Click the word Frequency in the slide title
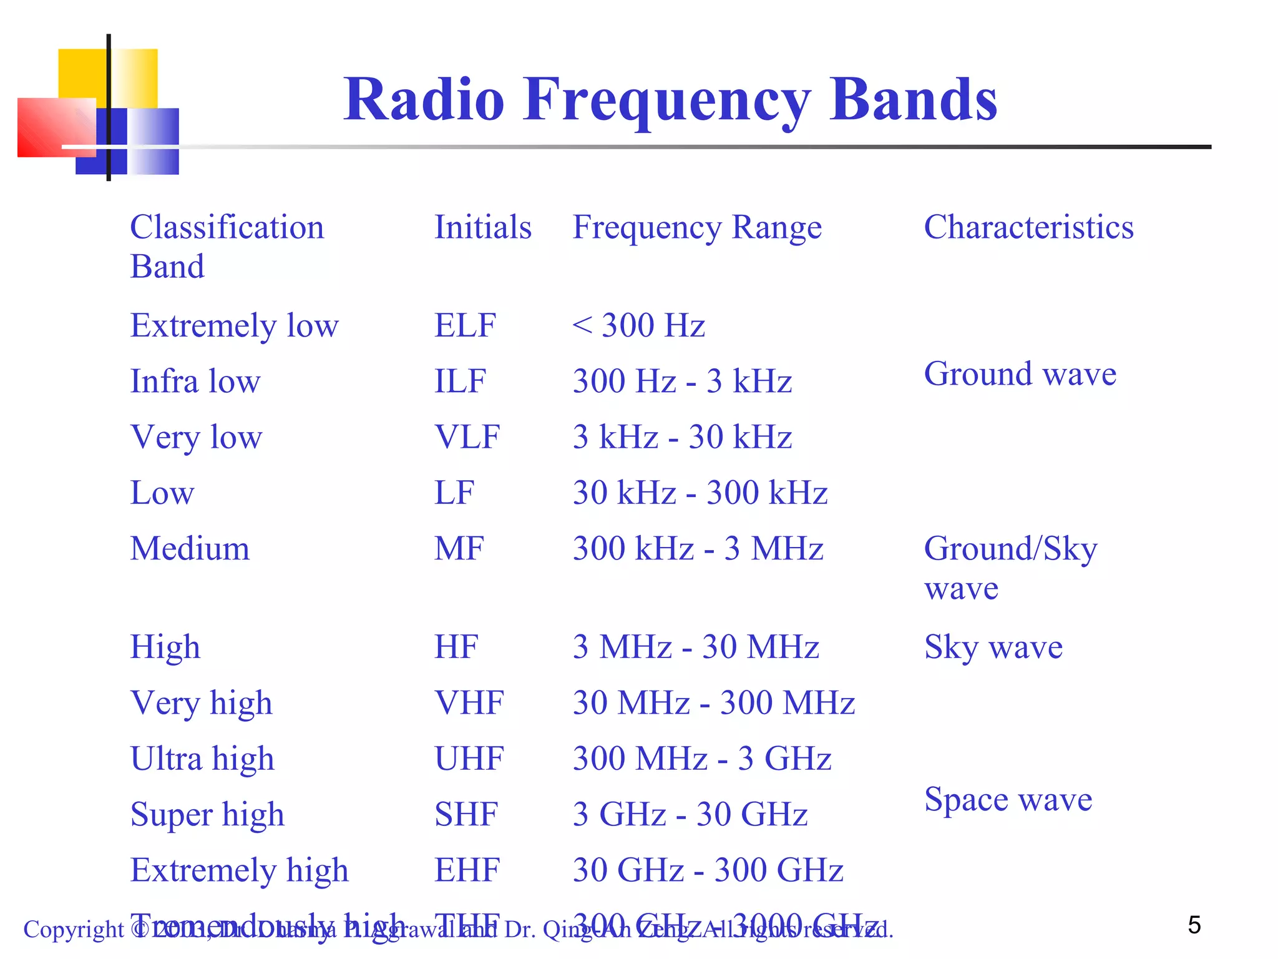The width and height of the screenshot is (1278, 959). (666, 100)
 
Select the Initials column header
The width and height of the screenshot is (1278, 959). (482, 227)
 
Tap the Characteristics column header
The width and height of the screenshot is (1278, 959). (1028, 227)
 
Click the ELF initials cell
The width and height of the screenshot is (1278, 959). (465, 325)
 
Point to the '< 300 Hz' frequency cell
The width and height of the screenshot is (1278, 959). (638, 325)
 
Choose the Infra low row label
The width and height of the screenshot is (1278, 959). (195, 381)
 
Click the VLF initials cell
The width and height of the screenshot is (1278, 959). (467, 436)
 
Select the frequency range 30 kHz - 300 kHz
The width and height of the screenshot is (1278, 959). (700, 493)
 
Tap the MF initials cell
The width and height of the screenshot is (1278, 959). (459, 549)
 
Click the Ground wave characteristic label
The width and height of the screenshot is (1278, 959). (1020, 374)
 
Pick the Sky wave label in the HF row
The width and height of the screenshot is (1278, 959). (993, 647)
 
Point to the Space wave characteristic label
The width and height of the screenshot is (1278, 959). (1008, 799)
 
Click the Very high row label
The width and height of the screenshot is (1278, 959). (201, 703)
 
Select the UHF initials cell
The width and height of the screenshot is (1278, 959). (469, 759)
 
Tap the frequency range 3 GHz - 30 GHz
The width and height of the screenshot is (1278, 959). (690, 814)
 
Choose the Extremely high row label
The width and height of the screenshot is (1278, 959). (239, 870)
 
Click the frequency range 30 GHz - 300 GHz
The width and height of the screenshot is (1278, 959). (708, 870)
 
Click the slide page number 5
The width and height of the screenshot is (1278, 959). (1194, 925)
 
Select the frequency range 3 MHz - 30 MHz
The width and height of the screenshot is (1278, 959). (695, 647)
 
